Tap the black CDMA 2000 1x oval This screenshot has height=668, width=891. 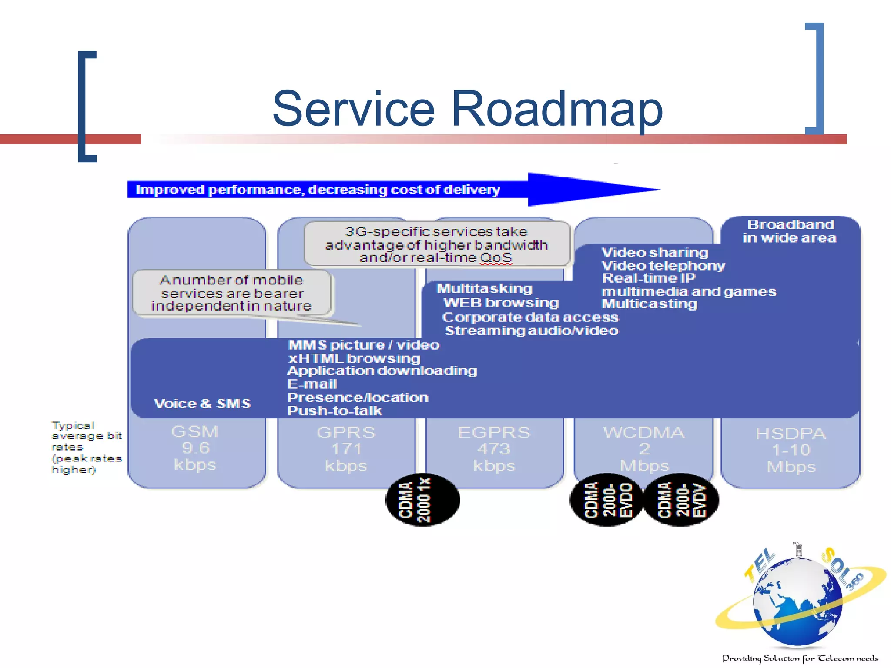(422, 500)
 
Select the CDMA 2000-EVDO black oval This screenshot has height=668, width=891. (607, 500)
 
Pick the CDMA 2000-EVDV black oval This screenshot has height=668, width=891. (681, 500)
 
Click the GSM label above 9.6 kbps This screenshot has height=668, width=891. (194, 431)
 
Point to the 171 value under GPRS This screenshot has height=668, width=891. (346, 449)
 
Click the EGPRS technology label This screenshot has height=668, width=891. (494, 432)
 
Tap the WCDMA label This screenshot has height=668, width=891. (644, 432)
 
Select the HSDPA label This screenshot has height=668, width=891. (790, 434)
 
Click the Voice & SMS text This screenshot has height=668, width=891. (202, 404)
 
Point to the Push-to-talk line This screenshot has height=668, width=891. (335, 411)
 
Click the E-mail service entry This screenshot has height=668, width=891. (312, 384)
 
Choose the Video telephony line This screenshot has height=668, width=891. (663, 266)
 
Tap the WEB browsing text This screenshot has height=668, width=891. (501, 303)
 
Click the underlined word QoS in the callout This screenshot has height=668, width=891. (496, 257)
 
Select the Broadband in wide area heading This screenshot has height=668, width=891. (790, 231)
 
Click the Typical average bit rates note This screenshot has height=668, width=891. (86, 447)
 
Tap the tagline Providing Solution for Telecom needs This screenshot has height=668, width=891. (800, 658)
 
